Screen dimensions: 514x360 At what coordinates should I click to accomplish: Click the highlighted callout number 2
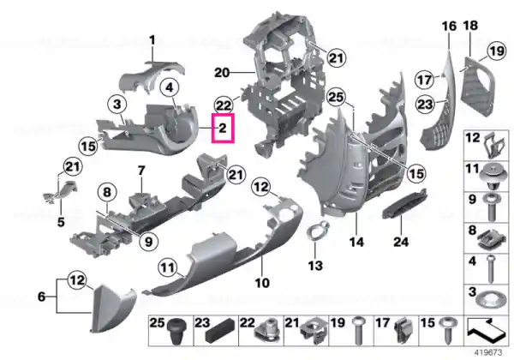tap(223, 128)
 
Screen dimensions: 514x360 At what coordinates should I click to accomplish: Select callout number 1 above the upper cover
tap(152, 40)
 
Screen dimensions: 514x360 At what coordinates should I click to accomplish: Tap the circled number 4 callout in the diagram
tap(169, 88)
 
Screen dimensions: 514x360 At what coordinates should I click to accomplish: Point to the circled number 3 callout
tap(117, 105)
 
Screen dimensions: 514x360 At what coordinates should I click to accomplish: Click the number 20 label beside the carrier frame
tap(222, 73)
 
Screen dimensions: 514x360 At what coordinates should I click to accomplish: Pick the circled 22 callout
tap(224, 105)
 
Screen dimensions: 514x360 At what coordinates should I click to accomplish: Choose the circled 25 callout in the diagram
tap(337, 98)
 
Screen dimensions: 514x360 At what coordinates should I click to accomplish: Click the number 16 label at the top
tap(449, 26)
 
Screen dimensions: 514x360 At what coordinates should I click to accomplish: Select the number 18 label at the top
tap(470, 25)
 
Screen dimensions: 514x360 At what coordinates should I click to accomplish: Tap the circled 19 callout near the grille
tap(496, 51)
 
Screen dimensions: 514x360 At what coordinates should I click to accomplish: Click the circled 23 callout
tap(425, 105)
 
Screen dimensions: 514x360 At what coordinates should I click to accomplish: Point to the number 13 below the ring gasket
tap(315, 266)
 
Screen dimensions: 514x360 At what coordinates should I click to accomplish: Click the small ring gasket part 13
tap(317, 231)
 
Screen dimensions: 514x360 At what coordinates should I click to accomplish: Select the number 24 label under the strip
tap(401, 242)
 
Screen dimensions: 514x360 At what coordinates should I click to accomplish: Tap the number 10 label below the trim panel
tap(262, 283)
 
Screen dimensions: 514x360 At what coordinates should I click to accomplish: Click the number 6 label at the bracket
tap(41, 297)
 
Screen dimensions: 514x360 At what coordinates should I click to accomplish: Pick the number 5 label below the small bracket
tap(61, 222)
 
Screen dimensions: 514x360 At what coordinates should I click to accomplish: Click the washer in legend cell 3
tap(490, 300)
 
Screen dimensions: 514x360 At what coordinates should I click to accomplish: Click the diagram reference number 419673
tap(487, 353)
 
